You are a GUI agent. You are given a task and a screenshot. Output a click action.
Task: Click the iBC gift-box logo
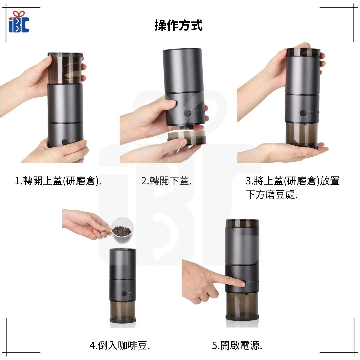pos(19,22)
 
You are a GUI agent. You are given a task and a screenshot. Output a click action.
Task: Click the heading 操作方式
pos(178,25)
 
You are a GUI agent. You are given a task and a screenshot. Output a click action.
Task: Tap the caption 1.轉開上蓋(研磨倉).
pos(58,181)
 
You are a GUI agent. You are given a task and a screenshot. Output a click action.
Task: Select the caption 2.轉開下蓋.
pos(166,181)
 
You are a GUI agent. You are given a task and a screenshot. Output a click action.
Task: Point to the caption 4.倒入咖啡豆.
pos(120,345)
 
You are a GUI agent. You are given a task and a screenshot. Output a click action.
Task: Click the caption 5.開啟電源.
pos(237,345)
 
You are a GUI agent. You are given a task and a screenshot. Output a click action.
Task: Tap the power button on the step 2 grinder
pos(188,113)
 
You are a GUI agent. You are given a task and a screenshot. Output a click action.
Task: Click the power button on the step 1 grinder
pos(65,142)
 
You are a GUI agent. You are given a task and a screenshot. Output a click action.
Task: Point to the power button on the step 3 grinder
pos(303,113)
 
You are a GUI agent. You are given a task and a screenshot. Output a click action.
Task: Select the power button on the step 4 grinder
pos(124,293)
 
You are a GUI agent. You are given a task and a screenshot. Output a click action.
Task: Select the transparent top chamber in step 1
pos(65,68)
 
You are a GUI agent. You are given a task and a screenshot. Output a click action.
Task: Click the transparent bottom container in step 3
pos(302,135)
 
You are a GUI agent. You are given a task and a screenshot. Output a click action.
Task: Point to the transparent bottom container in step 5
pos(242,306)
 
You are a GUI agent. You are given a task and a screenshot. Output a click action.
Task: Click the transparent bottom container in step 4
pos(123,311)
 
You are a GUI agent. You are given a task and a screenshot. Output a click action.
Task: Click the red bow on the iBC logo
pos(19,14)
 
